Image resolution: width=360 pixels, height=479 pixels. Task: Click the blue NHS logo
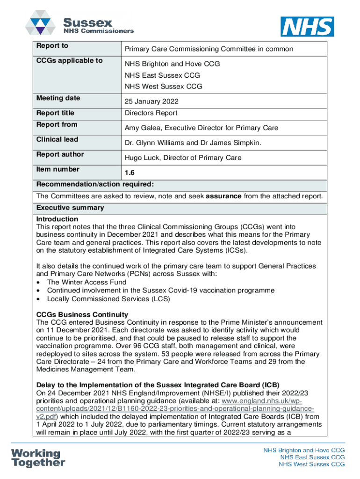pos(307,27)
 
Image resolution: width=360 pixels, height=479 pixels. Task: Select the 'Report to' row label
pos(52,46)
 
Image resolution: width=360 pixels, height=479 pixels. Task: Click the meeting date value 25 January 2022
pos(151,102)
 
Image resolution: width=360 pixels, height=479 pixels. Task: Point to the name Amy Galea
pos(141,128)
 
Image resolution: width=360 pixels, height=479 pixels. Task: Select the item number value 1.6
pos(130,173)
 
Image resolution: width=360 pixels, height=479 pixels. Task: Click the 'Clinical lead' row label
pos(57,139)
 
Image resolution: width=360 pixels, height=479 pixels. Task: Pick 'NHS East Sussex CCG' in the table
pos(162,75)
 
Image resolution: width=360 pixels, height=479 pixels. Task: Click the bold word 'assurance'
pos(223,196)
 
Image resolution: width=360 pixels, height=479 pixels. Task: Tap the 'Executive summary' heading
pos(70,208)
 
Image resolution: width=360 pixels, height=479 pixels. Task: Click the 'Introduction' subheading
pos(57,219)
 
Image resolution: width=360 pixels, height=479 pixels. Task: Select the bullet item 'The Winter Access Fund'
pos(86,282)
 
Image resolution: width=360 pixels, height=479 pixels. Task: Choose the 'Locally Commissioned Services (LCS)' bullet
pos(108,299)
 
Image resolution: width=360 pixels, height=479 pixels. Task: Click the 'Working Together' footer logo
pos(38,458)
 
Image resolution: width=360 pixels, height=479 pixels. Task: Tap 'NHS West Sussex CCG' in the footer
pos(311,464)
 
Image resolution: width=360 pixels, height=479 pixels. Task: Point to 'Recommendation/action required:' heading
pos(95,184)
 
